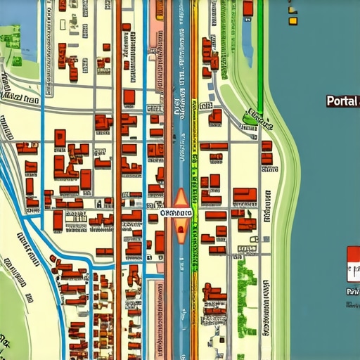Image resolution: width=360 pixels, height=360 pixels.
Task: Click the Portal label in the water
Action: pos(342,101)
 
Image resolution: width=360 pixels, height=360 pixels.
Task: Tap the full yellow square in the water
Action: pos(292,21)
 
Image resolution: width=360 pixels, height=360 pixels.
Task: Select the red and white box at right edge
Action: pos(353,264)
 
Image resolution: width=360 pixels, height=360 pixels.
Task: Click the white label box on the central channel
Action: pos(176,212)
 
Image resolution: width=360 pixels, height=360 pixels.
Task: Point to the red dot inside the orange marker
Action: pos(181,229)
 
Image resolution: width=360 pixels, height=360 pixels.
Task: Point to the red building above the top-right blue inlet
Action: pos(247,8)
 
